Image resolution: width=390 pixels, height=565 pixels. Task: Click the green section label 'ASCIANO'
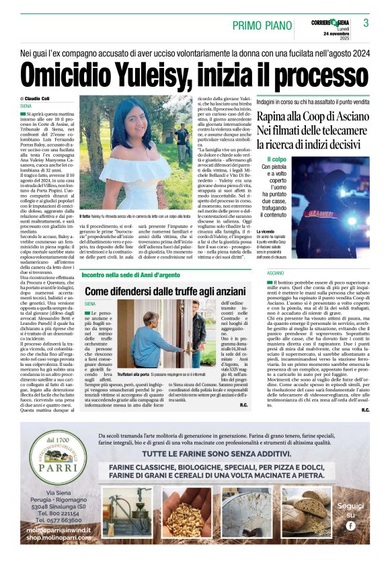[x=257, y=273]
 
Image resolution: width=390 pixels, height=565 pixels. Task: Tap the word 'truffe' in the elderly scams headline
[x=164, y=290]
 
